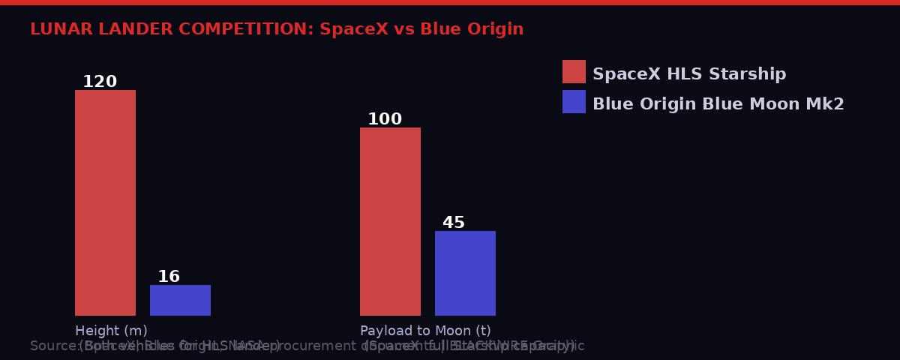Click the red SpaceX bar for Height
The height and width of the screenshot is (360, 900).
click(x=105, y=202)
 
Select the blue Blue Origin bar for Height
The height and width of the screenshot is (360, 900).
click(x=180, y=300)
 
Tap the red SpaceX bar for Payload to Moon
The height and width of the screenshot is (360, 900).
click(x=390, y=221)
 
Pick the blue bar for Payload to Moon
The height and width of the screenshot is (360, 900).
click(x=465, y=273)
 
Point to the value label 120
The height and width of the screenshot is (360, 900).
click(x=99, y=82)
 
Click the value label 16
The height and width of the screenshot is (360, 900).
click(x=169, y=277)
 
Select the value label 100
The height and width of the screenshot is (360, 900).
click(x=384, y=119)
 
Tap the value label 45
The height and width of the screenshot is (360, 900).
click(x=454, y=223)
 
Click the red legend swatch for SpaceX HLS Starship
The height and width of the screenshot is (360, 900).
click(x=574, y=71)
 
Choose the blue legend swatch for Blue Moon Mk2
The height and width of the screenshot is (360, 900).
click(x=574, y=101)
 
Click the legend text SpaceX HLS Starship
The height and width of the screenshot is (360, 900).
click(x=688, y=74)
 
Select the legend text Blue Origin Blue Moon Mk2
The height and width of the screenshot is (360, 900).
click(x=718, y=104)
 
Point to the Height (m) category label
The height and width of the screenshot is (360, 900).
click(x=111, y=331)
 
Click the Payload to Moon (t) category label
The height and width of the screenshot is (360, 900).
click(x=425, y=331)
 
